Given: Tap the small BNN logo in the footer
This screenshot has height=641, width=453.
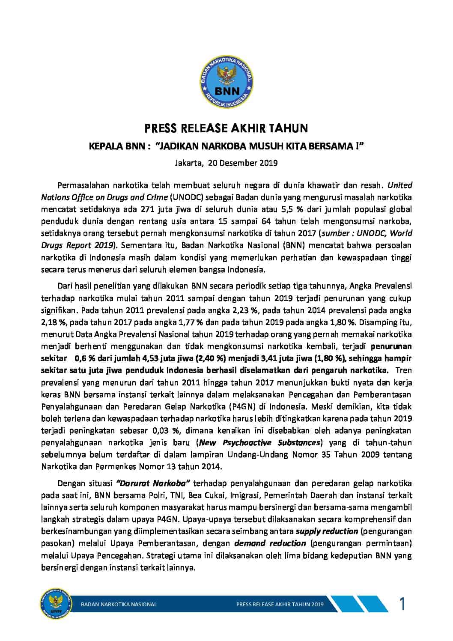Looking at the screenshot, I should (x=54, y=604).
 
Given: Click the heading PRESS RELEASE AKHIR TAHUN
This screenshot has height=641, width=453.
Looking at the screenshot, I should (x=226, y=128).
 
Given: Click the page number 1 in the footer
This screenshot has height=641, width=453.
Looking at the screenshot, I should (x=402, y=604).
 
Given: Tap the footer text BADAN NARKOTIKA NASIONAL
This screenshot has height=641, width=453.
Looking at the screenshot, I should (x=119, y=605).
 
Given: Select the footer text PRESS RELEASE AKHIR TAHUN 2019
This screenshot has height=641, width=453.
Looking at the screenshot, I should (x=280, y=605).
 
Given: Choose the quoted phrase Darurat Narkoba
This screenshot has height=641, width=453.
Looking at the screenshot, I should (x=153, y=483).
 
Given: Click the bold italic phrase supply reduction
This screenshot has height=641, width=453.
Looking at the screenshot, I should (x=327, y=531).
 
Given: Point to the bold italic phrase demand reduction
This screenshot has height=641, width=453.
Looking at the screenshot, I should (x=270, y=544).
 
